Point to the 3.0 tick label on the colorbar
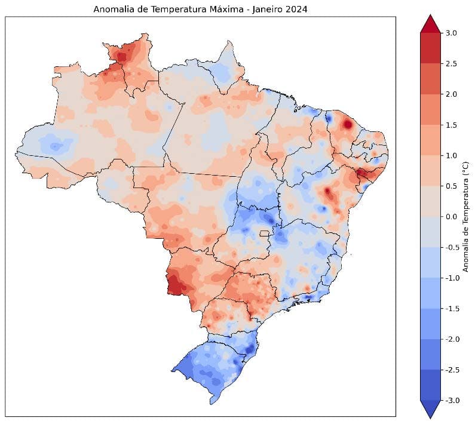452,33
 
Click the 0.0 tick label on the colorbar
452,217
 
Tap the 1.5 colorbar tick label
452,125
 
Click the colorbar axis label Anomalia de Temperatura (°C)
466,216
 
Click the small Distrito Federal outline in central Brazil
263,233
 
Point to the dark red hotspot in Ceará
347,125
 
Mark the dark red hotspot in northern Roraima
122,57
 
